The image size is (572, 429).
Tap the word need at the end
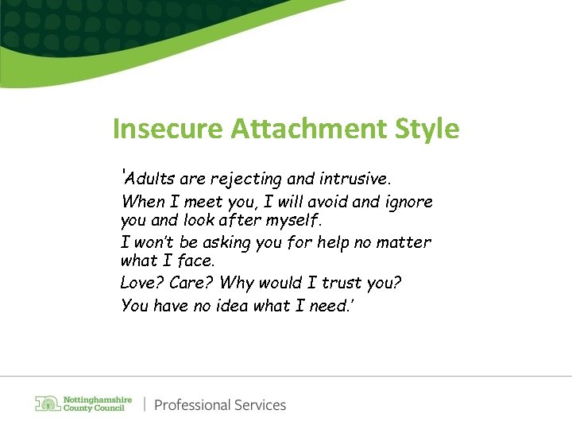(x=327, y=306)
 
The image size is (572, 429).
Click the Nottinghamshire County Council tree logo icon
(x=48, y=404)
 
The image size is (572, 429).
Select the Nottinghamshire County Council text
(x=97, y=404)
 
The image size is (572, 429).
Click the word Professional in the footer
(x=191, y=405)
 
